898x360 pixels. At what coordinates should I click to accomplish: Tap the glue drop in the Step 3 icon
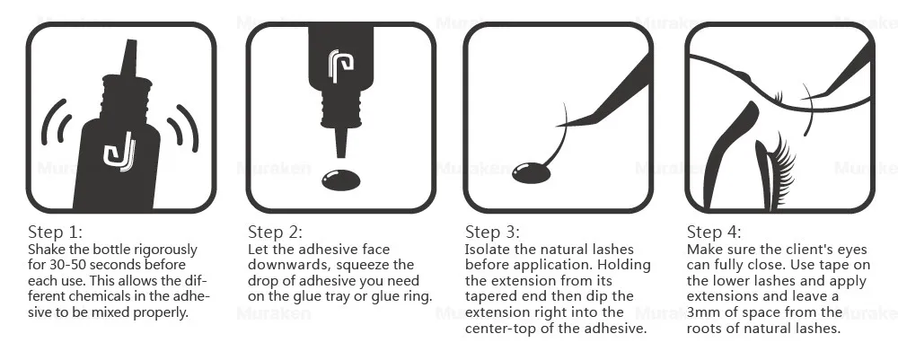533,171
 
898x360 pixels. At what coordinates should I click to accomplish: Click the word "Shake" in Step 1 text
48,249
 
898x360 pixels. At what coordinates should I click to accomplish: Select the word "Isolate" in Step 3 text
487,249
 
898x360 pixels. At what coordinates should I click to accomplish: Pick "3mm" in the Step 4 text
702,312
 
